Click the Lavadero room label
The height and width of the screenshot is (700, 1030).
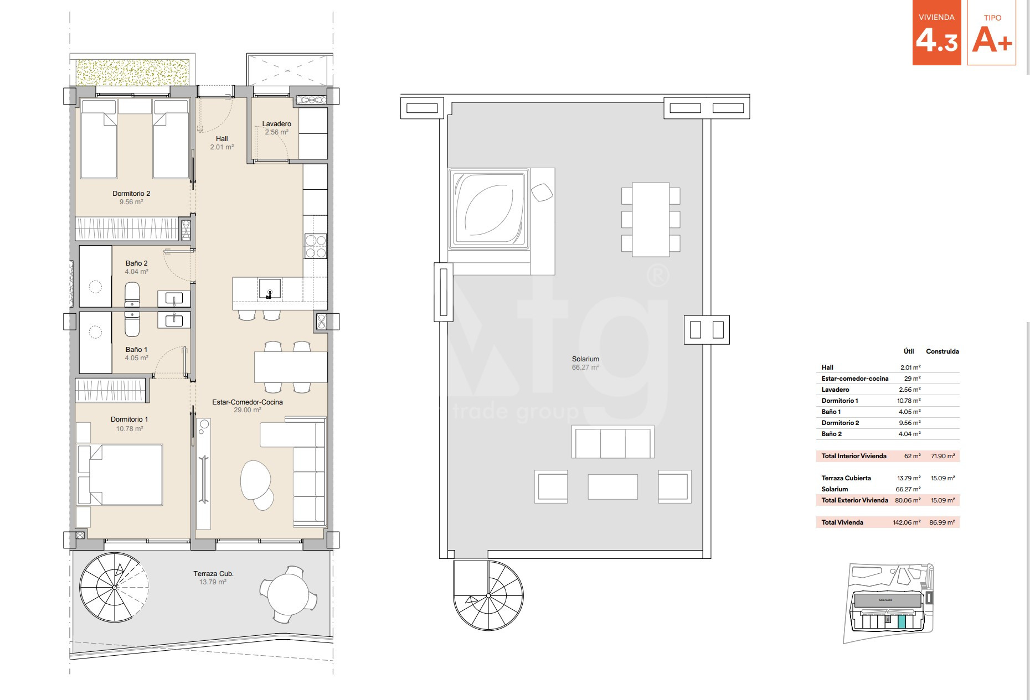pos(276,124)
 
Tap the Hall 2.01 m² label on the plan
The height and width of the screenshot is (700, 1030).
pos(222,143)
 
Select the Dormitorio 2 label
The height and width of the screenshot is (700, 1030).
pos(131,194)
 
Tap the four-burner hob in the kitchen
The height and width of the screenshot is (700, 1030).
pos(316,246)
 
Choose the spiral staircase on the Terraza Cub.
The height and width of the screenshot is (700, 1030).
pos(114,587)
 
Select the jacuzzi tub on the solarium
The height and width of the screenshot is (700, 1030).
pos(488,209)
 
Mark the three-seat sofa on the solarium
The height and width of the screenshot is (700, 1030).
pos(612,442)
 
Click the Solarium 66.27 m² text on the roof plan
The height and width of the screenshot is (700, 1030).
pos(585,363)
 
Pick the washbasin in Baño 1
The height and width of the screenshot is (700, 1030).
pos(174,320)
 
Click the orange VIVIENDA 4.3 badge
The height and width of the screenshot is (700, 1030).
pos(937,33)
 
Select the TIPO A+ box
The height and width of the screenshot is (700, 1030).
pos(992,33)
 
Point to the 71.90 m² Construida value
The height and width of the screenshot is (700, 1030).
pos(943,456)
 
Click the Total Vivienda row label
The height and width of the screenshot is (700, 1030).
pos(842,522)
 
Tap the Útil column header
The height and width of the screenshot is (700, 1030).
pos(909,351)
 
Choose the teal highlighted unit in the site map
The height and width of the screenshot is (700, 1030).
pos(902,622)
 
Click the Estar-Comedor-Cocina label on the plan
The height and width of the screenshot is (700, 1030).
pos(248,402)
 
